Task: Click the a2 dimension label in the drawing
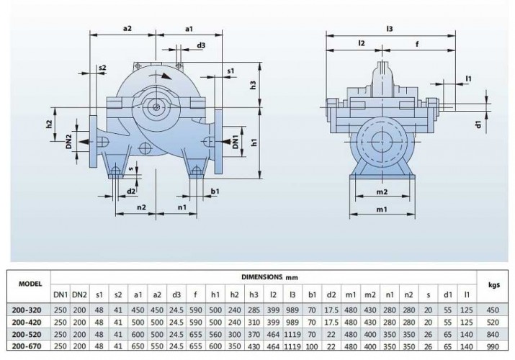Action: click(x=127, y=28)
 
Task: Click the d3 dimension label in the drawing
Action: click(x=201, y=45)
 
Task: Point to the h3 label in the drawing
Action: click(x=254, y=85)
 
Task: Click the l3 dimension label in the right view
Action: click(x=389, y=28)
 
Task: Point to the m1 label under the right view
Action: click(x=382, y=209)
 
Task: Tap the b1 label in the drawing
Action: click(x=215, y=191)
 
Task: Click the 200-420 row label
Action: click(x=26, y=321)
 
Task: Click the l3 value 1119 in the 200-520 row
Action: click(x=292, y=334)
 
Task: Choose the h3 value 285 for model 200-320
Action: click(x=253, y=309)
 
